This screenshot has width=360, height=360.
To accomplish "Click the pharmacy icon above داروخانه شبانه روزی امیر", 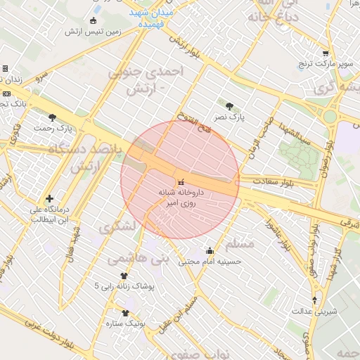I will point(181,181).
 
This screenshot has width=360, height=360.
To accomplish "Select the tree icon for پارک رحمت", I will point(53,117).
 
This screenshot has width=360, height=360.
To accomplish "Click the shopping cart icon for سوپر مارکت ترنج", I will point(325,53).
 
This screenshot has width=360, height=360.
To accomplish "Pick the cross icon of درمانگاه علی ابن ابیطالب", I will point(49,199).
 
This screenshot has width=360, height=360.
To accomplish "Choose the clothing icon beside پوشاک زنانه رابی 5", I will point(125,276).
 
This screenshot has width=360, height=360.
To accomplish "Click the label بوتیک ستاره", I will point(125,323).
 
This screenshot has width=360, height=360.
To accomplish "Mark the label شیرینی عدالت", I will point(314,310).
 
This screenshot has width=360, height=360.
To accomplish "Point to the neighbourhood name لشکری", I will point(115,229).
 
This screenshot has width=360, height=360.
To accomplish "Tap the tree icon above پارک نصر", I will point(230,106).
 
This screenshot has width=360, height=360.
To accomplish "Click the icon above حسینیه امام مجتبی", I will point(210,250).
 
